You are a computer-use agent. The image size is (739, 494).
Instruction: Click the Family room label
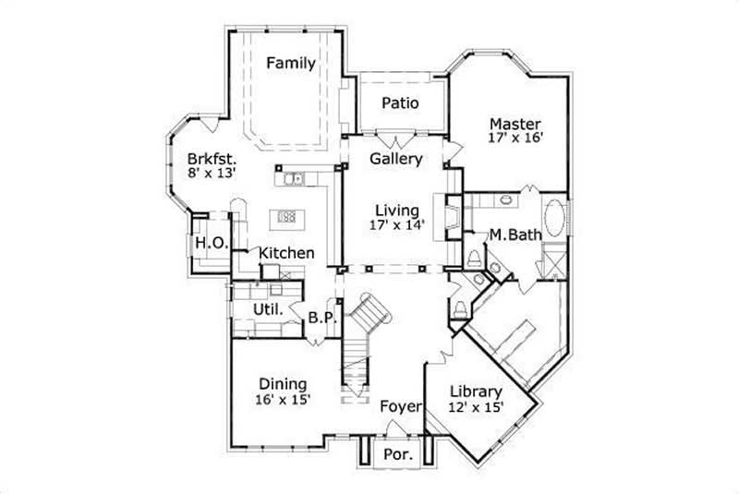pyautogui.click(x=291, y=64)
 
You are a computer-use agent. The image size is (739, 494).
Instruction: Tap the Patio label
pyautogui.click(x=399, y=102)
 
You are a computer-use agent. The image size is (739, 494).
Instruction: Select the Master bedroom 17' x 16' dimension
pyautogui.click(x=515, y=139)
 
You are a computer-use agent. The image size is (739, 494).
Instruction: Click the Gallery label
pyautogui.click(x=396, y=159)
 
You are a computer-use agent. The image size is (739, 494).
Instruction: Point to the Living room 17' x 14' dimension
pyautogui.click(x=396, y=225)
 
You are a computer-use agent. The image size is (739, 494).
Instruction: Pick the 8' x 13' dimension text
pyautogui.click(x=212, y=174)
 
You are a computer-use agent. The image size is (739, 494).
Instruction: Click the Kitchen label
pyautogui.click(x=285, y=253)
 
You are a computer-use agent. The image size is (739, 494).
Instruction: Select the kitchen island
pyautogui.click(x=286, y=218)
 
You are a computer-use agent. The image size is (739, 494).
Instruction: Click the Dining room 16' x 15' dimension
pyautogui.click(x=283, y=400)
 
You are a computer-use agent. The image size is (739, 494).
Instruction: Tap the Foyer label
pyautogui.click(x=401, y=406)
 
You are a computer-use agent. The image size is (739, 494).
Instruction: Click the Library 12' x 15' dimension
pyautogui.click(x=476, y=407)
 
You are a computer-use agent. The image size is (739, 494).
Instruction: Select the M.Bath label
pyautogui.click(x=515, y=235)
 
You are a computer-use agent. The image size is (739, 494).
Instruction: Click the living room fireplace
pyautogui.click(x=453, y=218)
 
